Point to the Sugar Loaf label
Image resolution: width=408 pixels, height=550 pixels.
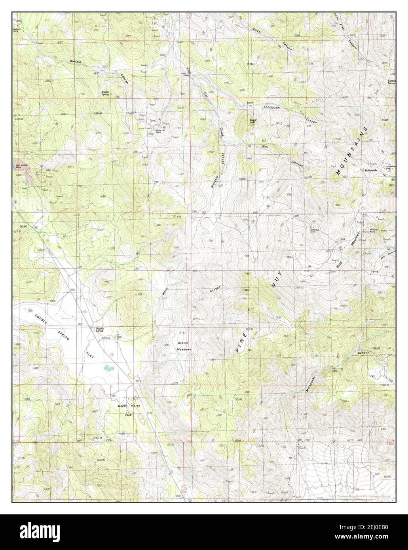[253, 121]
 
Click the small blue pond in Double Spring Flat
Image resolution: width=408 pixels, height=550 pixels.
[107, 368]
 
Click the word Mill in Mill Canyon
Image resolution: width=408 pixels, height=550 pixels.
[265, 147]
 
